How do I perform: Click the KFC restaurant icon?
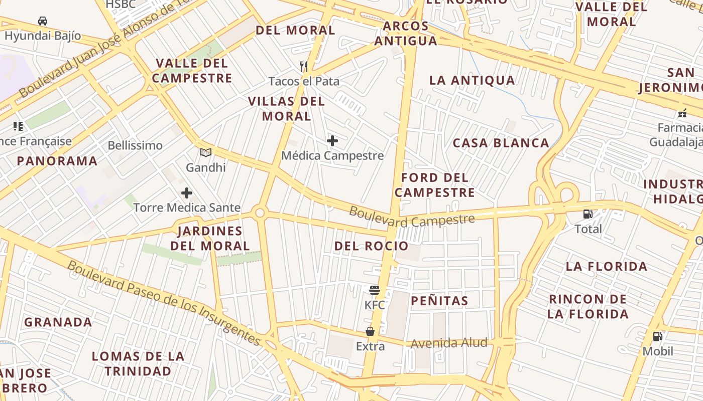coord(374,290)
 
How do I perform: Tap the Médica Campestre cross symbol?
coord(332,141)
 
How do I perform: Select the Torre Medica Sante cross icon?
coord(187,193)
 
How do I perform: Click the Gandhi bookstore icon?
coord(206,153)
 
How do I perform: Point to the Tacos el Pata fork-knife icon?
coord(303,66)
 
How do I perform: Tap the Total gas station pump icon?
coord(588,214)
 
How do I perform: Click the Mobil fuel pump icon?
coord(657,336)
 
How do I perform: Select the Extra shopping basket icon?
coord(370,331)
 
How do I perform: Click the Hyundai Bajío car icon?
coord(43,21)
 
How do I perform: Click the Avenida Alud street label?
coord(449,343)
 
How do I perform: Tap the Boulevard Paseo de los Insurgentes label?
coord(164,303)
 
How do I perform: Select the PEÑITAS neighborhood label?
coord(439,301)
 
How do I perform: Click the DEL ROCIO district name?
coord(371,246)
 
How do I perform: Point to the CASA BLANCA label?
coord(501,143)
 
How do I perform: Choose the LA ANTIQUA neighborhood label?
coord(472,80)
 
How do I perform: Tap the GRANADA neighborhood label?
coord(58,322)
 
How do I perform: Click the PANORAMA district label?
coord(57,161)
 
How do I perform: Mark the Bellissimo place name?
coord(135,145)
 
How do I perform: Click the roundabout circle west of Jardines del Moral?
coord(260,213)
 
